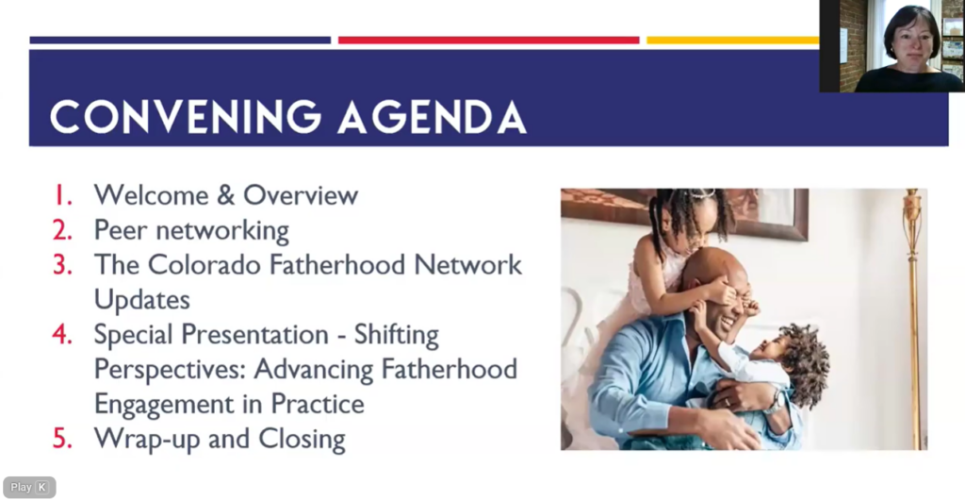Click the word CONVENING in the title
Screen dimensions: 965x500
pos(186,116)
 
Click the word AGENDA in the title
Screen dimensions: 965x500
pos(433,116)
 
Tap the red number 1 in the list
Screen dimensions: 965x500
pos(63,195)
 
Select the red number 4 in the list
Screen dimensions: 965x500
pos(62,334)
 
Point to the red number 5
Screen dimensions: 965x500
pos(62,439)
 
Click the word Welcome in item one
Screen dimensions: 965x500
pos(151,195)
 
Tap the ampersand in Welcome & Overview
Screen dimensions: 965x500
pos(226,195)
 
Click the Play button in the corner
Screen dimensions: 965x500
pos(29,487)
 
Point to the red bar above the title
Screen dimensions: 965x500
pos(489,40)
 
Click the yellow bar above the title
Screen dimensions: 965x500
pos(732,40)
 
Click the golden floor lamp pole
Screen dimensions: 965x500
pos(914,319)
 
